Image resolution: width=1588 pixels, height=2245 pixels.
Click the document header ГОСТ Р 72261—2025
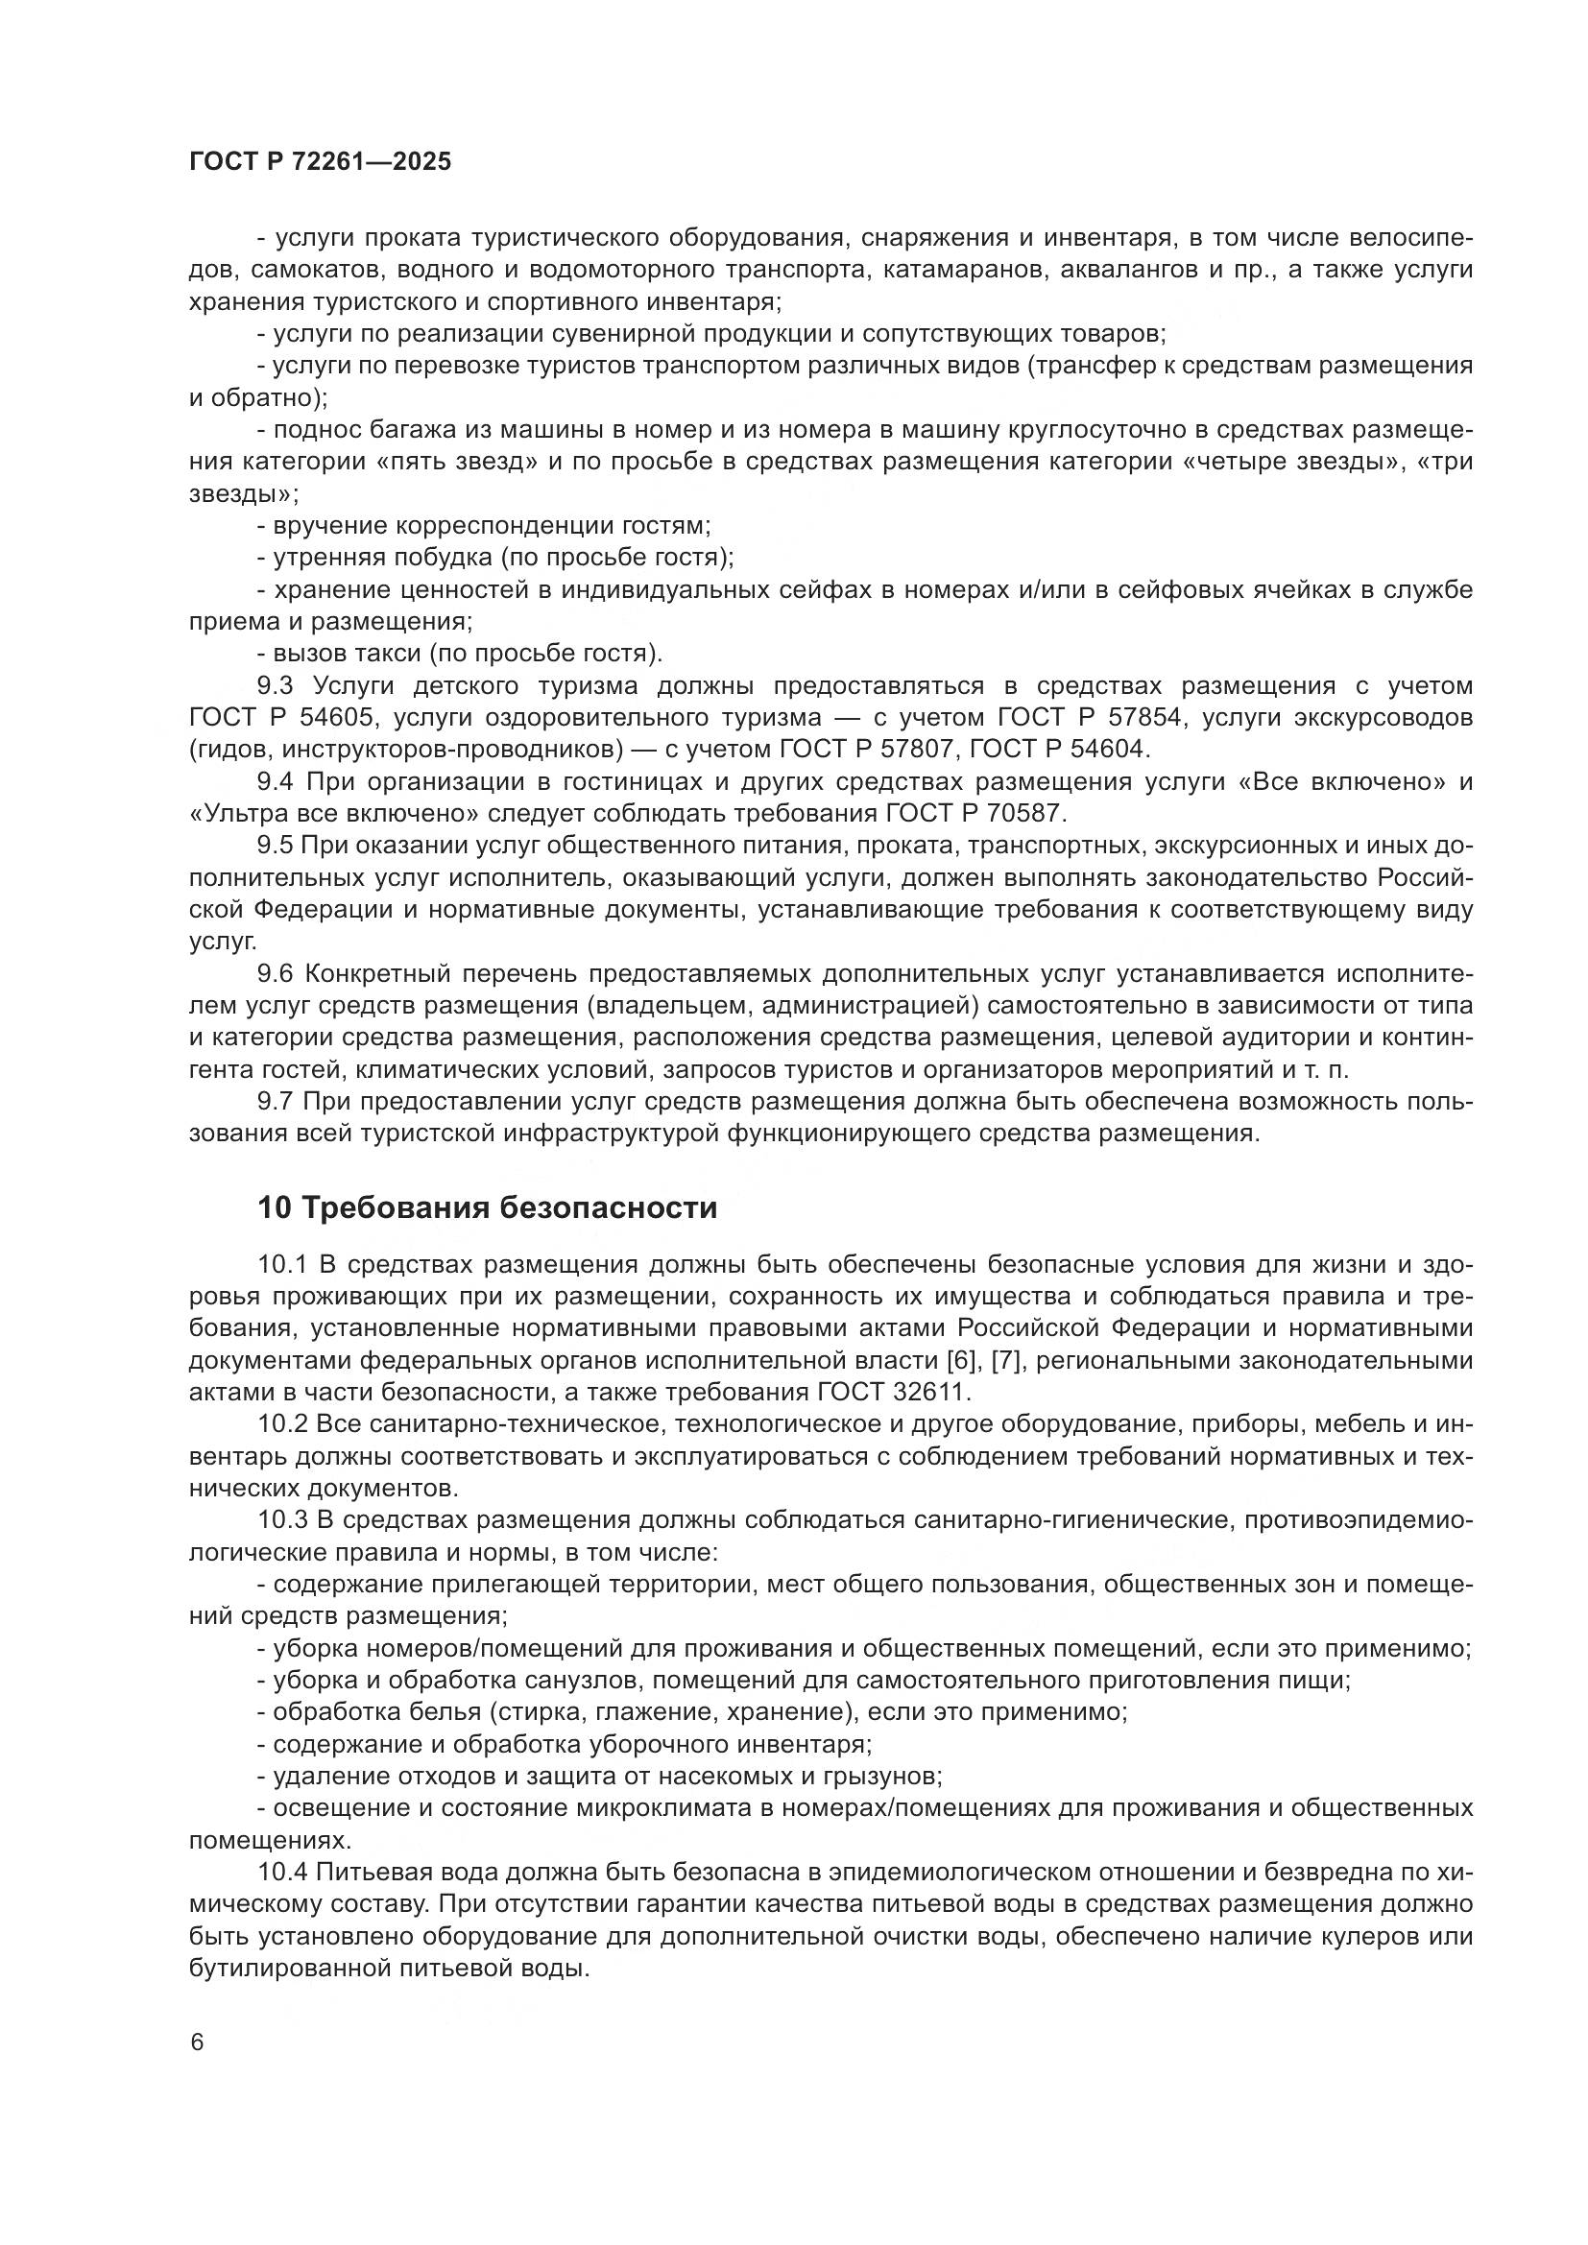(x=320, y=162)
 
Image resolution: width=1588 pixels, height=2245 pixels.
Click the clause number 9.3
(x=276, y=685)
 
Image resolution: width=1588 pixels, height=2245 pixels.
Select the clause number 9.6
(x=276, y=974)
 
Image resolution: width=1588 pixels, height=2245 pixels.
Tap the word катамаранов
(x=952, y=270)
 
